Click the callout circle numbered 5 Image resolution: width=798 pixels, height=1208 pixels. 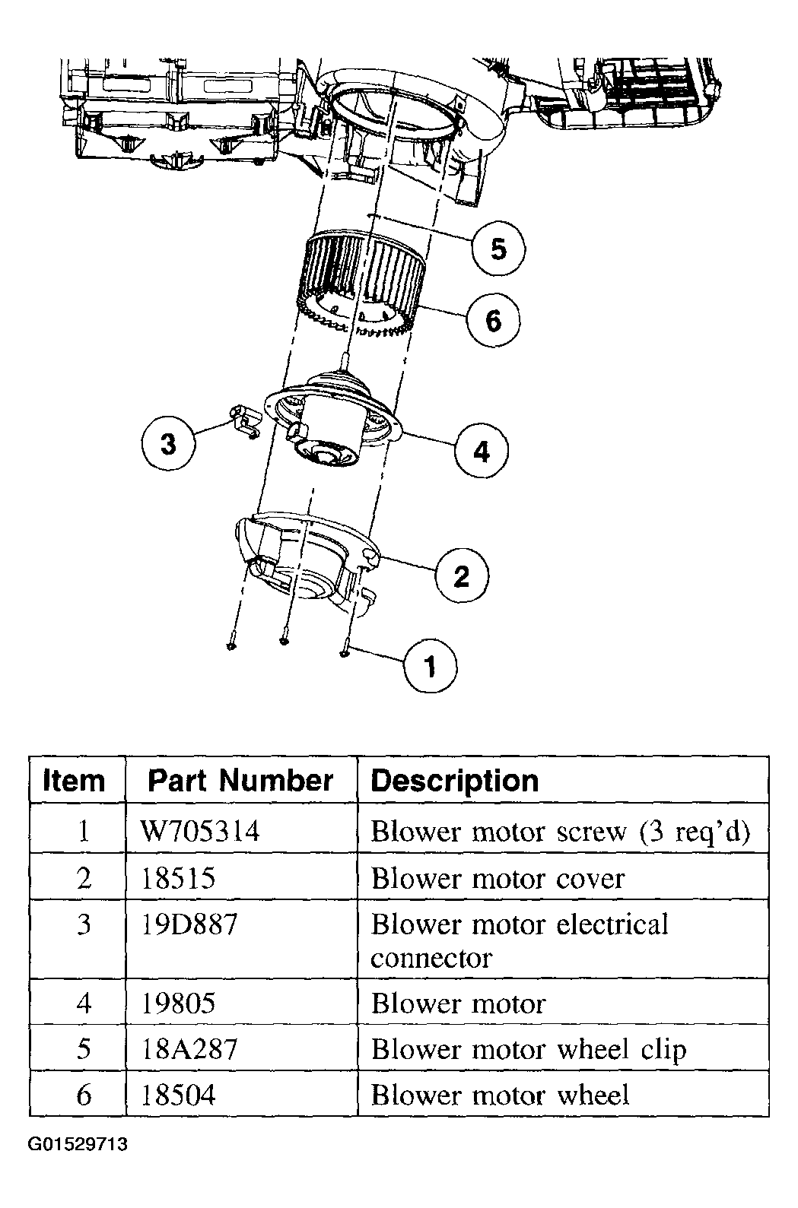click(x=498, y=249)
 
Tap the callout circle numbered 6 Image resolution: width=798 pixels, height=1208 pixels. click(x=493, y=320)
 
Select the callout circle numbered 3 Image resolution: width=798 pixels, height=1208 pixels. click(x=168, y=443)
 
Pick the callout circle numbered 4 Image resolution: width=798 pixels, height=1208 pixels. click(x=482, y=450)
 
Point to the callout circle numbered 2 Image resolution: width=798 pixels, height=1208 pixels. click(x=462, y=575)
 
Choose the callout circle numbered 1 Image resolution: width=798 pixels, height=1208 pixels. click(x=430, y=666)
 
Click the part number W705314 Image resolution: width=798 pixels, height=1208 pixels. click(x=199, y=831)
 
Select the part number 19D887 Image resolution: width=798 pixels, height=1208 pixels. click(x=189, y=924)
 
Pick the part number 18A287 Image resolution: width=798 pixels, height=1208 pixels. click(x=189, y=1049)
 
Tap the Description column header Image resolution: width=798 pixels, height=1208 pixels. click(x=455, y=781)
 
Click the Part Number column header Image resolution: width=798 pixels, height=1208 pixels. click(x=240, y=780)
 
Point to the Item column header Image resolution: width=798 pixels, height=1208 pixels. click(x=73, y=780)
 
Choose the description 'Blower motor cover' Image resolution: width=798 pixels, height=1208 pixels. click(x=498, y=879)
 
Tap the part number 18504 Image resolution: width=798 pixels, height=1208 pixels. click(x=178, y=1095)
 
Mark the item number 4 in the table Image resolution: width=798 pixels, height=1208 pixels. click(x=84, y=1003)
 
